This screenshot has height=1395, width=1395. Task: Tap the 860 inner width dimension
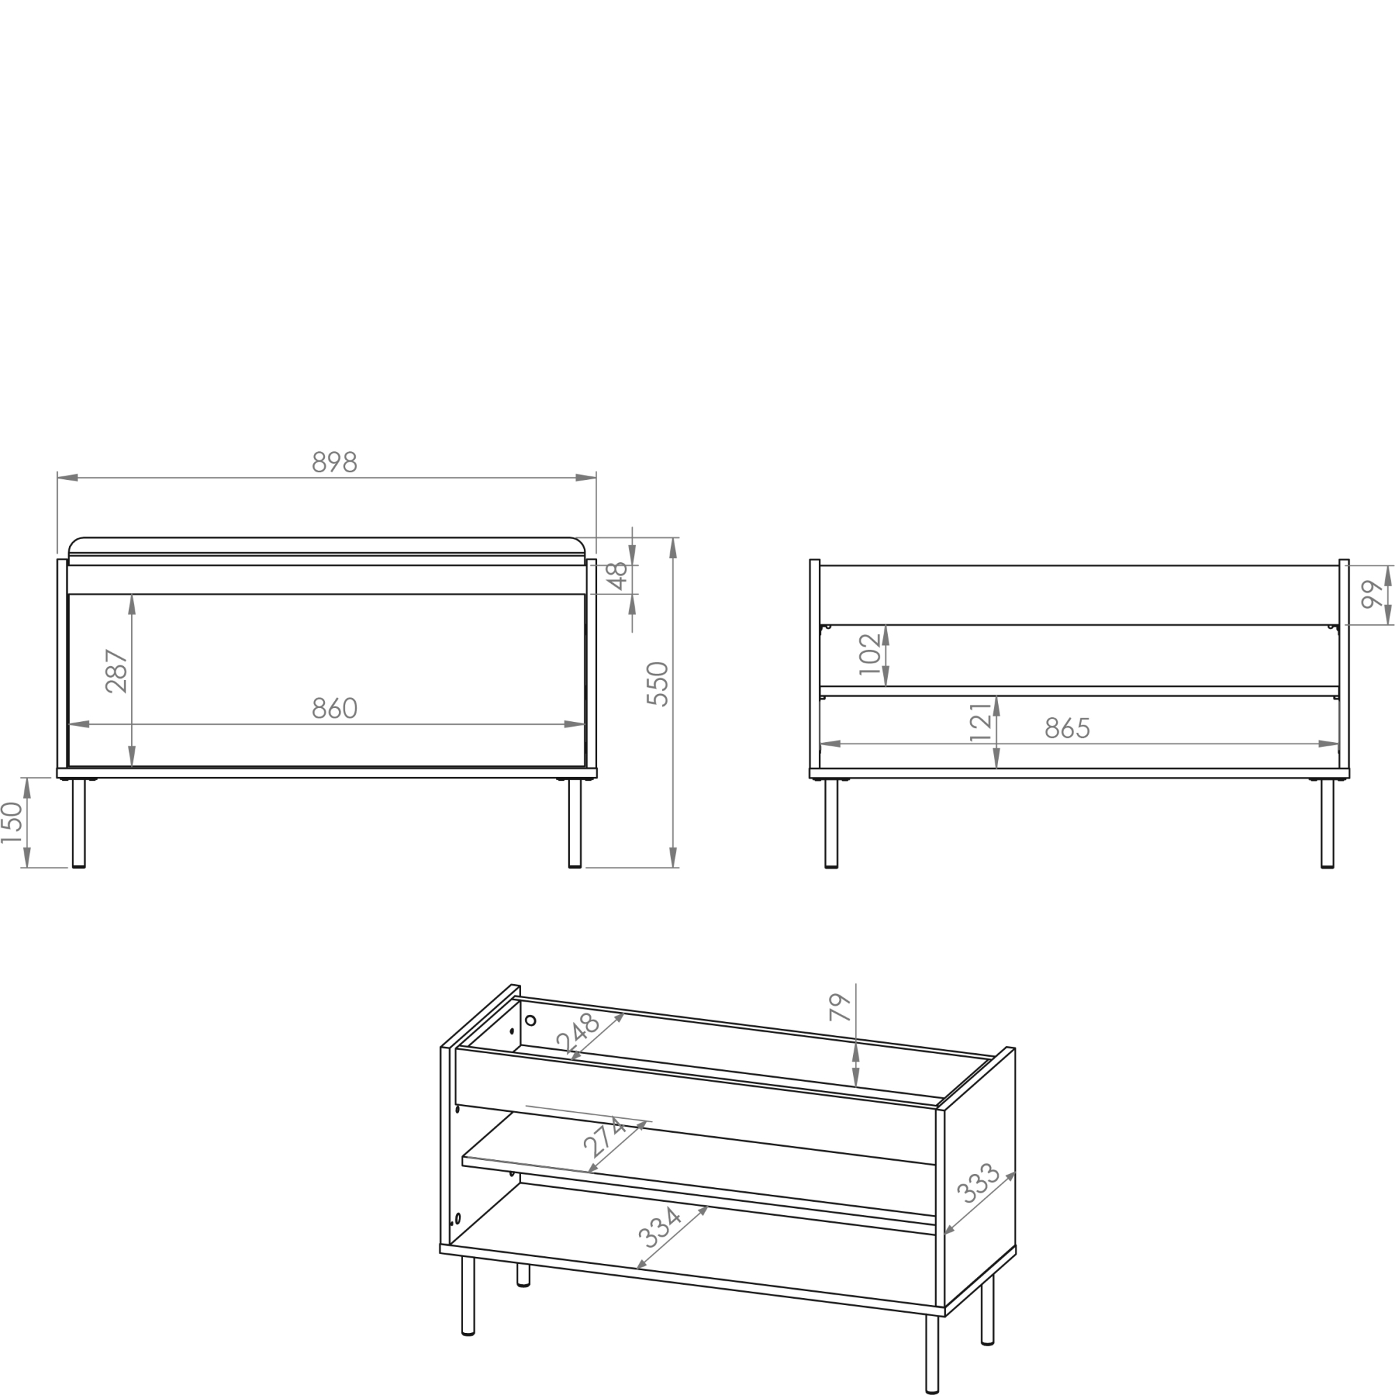pyautogui.click(x=334, y=709)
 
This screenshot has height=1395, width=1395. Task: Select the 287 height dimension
pyautogui.click(x=116, y=672)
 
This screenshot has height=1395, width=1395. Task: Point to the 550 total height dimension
pyautogui.click(x=658, y=683)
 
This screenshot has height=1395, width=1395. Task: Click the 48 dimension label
pyautogui.click(x=617, y=576)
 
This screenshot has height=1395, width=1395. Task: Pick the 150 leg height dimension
pyautogui.click(x=12, y=822)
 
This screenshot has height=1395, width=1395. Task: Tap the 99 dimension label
pyautogui.click(x=1372, y=594)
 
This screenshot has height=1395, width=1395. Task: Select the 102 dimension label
pyautogui.click(x=870, y=654)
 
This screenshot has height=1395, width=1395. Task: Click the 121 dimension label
pyautogui.click(x=980, y=722)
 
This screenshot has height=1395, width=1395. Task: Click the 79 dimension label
pyautogui.click(x=840, y=1007)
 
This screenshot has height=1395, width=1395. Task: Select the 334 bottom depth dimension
pyautogui.click(x=660, y=1228)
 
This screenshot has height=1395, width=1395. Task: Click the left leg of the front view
pyautogui.click(x=79, y=822)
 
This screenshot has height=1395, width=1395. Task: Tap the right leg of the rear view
pyautogui.click(x=1327, y=822)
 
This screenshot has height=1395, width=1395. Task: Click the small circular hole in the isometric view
pyautogui.click(x=531, y=1020)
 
